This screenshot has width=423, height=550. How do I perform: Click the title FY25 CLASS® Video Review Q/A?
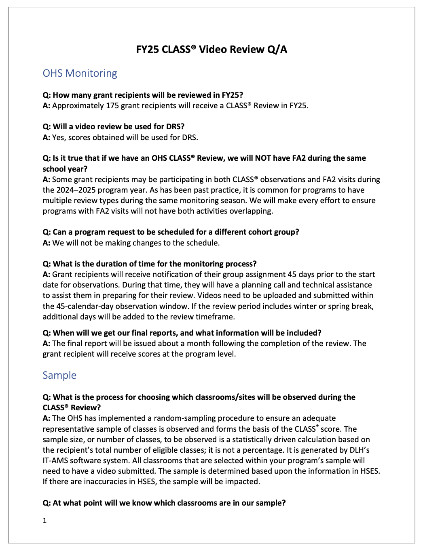pos(211,49)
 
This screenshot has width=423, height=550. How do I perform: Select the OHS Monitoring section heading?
pos(80,73)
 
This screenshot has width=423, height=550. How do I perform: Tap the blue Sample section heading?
pos(59,375)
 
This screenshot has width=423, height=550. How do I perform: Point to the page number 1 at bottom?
pos(44,521)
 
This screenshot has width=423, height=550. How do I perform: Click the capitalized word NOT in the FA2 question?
pos(263,158)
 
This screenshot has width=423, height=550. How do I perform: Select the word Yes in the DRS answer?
pos(58,138)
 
